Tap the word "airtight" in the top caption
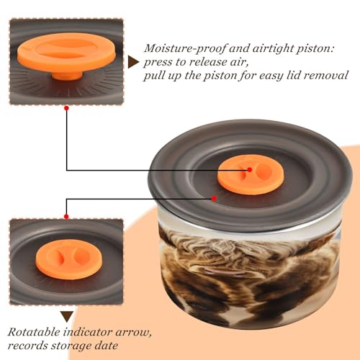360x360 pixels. point(272,49)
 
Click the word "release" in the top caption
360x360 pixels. point(208,62)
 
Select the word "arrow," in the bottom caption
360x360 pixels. point(133,333)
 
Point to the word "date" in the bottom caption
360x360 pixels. point(107,346)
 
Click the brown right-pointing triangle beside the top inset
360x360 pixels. point(133,62)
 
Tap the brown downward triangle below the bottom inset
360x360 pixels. point(67,317)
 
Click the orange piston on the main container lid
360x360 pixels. point(251,175)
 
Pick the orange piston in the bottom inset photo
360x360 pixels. point(69,259)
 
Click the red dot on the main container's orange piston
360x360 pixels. point(250,170)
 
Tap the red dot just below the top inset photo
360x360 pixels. point(66,108)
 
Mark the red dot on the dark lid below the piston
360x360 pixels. point(214,199)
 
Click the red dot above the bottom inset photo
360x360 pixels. point(66,217)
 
